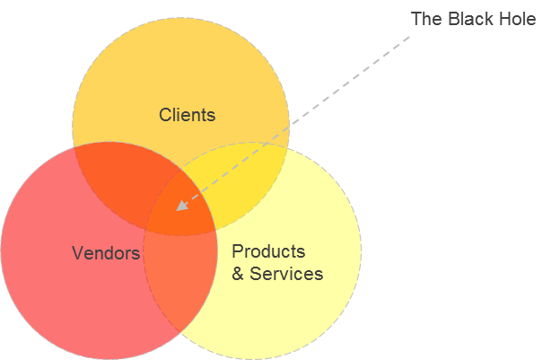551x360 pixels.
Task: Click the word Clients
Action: point(187,115)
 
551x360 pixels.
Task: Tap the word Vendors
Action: point(106,254)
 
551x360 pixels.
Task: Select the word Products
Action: point(268,251)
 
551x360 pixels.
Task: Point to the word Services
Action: point(286,274)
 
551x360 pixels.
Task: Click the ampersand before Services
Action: point(238,274)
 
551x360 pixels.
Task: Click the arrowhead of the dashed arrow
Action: point(180,206)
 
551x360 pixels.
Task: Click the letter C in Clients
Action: point(165,115)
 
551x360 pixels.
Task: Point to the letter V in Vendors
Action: point(77,254)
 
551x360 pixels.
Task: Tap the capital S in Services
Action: point(256,274)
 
